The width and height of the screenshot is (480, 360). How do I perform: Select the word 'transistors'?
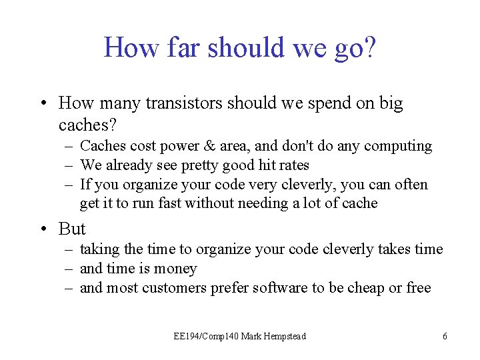(x=181, y=103)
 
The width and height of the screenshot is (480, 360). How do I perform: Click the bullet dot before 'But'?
(x=43, y=229)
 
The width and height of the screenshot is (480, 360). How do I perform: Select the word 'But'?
(x=72, y=229)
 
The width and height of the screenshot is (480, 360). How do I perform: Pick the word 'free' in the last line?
(x=419, y=288)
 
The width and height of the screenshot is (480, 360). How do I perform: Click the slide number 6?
(x=445, y=337)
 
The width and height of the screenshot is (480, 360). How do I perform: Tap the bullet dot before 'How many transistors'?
(x=43, y=103)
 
